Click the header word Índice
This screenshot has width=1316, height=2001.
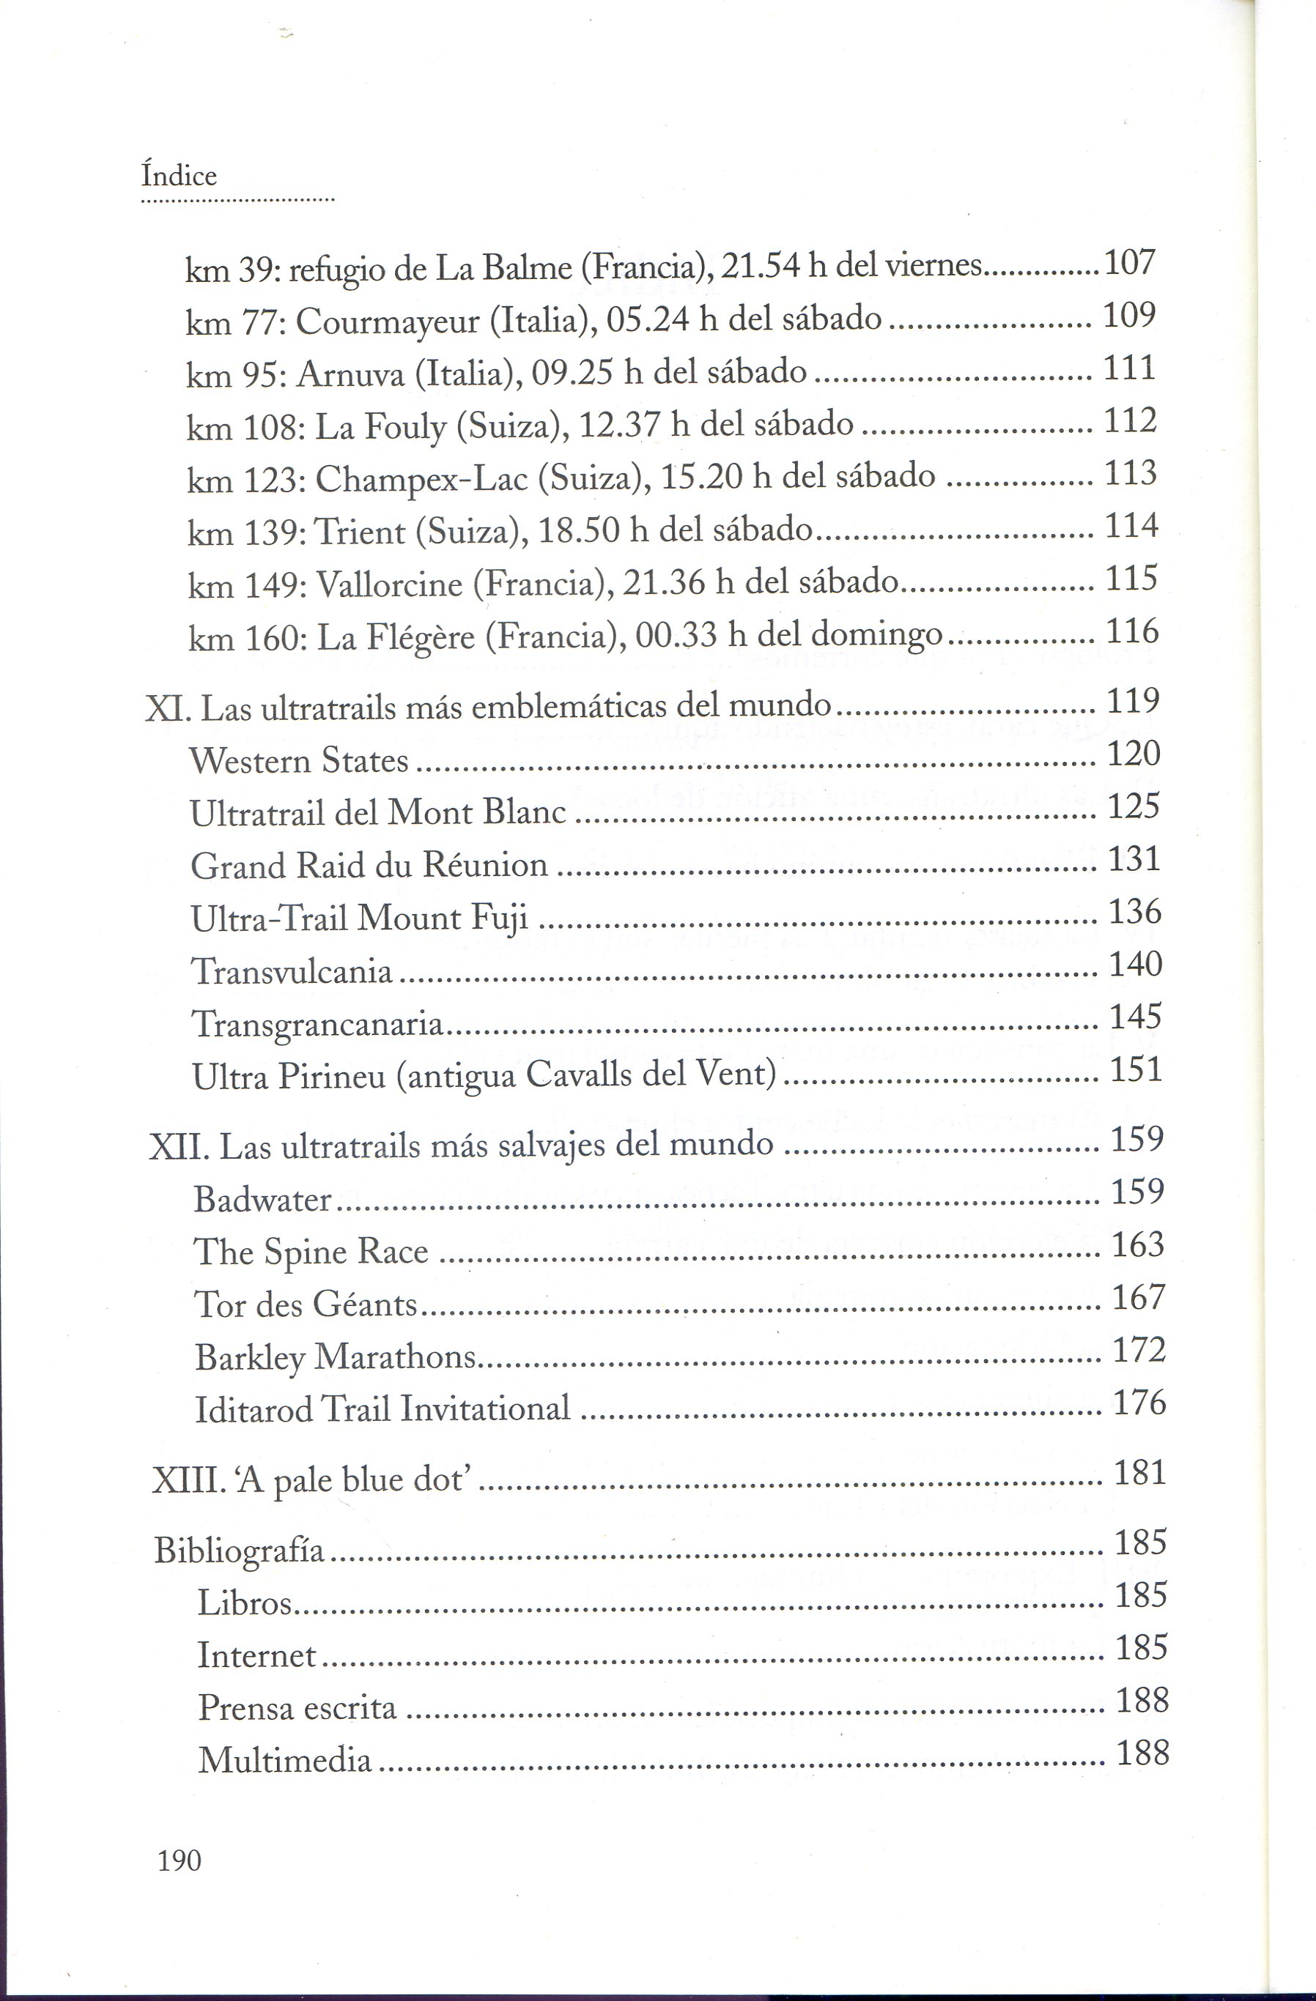pos(179,176)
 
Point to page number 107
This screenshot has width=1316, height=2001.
pos(1129,263)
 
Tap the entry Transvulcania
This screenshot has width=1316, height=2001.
pos(292,971)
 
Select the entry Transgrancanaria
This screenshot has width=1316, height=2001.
pos(318,1024)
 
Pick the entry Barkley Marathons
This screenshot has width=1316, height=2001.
pos(336,1357)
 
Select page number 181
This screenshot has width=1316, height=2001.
pos(1139,1473)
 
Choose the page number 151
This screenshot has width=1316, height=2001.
pos(1136,1069)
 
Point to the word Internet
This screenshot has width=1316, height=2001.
pos(256,1655)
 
